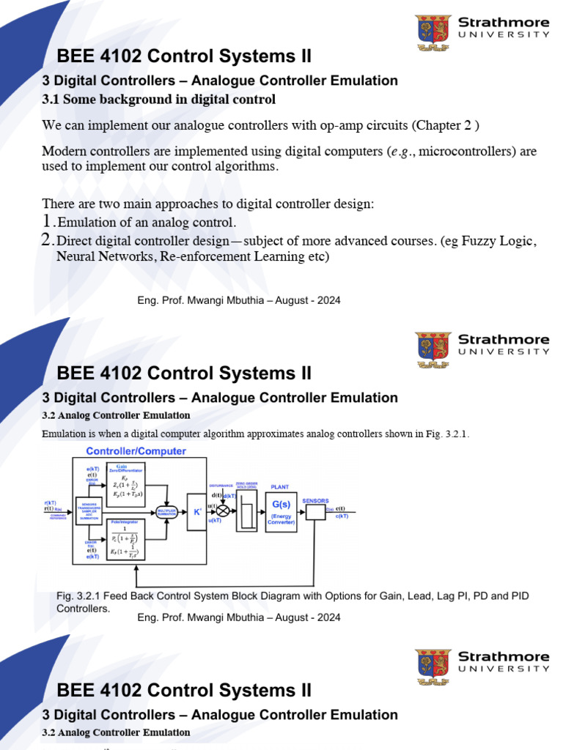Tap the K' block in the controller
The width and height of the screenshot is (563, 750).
point(197,511)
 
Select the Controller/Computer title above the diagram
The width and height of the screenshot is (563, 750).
point(136,451)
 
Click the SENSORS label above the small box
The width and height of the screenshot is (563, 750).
point(315,500)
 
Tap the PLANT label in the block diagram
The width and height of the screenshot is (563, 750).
point(280,486)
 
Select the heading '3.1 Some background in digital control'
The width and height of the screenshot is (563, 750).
point(159,99)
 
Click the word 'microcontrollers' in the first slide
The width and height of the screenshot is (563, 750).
point(457,152)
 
